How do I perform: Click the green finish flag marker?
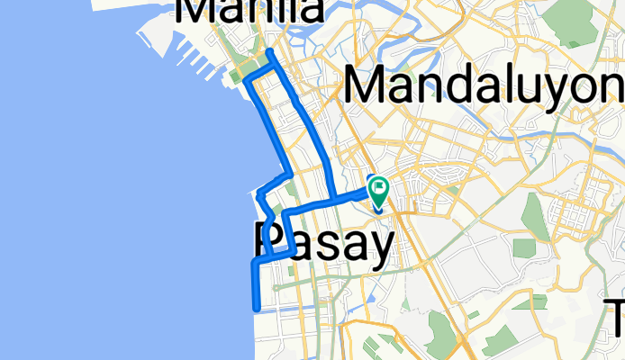click(x=377, y=190)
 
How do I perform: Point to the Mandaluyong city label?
click(x=483, y=88)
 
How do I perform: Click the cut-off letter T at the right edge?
click(x=616, y=317)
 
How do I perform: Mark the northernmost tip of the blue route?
click(x=269, y=50)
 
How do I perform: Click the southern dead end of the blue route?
click(x=257, y=309)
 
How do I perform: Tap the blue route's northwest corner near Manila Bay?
click(x=246, y=81)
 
